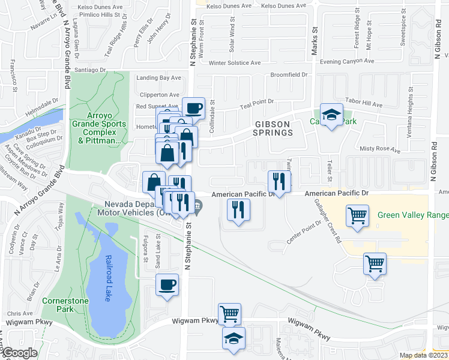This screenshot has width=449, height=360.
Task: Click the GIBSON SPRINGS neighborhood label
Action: point(273,128)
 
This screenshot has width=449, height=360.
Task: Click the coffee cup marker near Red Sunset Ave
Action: point(193,109)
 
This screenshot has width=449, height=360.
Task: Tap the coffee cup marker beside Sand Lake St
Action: point(167,284)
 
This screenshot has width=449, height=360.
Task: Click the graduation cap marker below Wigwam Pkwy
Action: point(234,338)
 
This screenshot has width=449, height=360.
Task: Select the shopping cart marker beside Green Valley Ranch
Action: point(357,215)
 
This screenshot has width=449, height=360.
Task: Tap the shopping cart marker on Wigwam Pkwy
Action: point(229,314)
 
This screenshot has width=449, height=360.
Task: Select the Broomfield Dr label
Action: point(289,75)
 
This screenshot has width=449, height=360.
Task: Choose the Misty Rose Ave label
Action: point(379,148)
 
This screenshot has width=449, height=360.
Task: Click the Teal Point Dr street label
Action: point(256,103)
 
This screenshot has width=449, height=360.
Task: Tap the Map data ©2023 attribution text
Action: point(423,355)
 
